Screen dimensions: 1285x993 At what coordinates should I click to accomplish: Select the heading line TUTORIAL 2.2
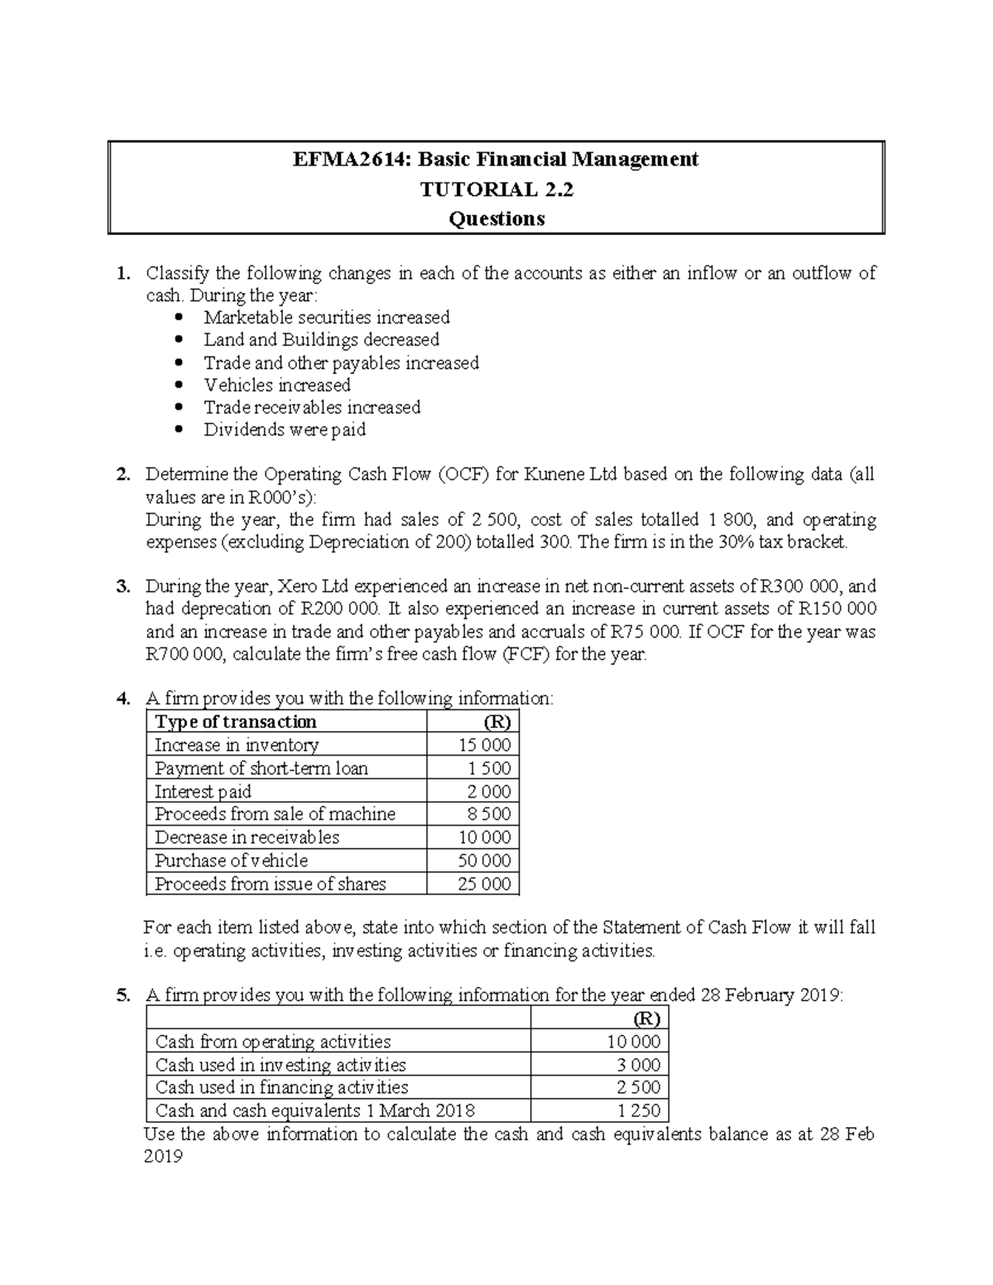click(496, 189)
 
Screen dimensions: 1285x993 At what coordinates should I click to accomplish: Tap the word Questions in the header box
click(496, 219)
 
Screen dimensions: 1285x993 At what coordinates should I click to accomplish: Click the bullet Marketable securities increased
click(327, 318)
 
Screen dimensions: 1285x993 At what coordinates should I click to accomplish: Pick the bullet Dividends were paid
click(285, 430)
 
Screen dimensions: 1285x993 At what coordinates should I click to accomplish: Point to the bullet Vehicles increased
click(277, 386)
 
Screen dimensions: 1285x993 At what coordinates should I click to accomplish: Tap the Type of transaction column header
click(236, 722)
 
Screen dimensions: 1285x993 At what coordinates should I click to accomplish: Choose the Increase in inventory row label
click(237, 745)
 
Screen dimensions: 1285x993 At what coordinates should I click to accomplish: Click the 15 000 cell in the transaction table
click(485, 745)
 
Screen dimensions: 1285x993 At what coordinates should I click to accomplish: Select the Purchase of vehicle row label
click(232, 861)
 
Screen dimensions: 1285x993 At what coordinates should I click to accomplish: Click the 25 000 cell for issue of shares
click(485, 884)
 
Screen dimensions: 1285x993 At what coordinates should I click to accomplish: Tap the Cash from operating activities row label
click(273, 1042)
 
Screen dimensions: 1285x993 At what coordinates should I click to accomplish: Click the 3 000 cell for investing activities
click(640, 1065)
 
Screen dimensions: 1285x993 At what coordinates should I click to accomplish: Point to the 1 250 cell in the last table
click(640, 1110)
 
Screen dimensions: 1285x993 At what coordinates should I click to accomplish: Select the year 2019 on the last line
click(163, 1157)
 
